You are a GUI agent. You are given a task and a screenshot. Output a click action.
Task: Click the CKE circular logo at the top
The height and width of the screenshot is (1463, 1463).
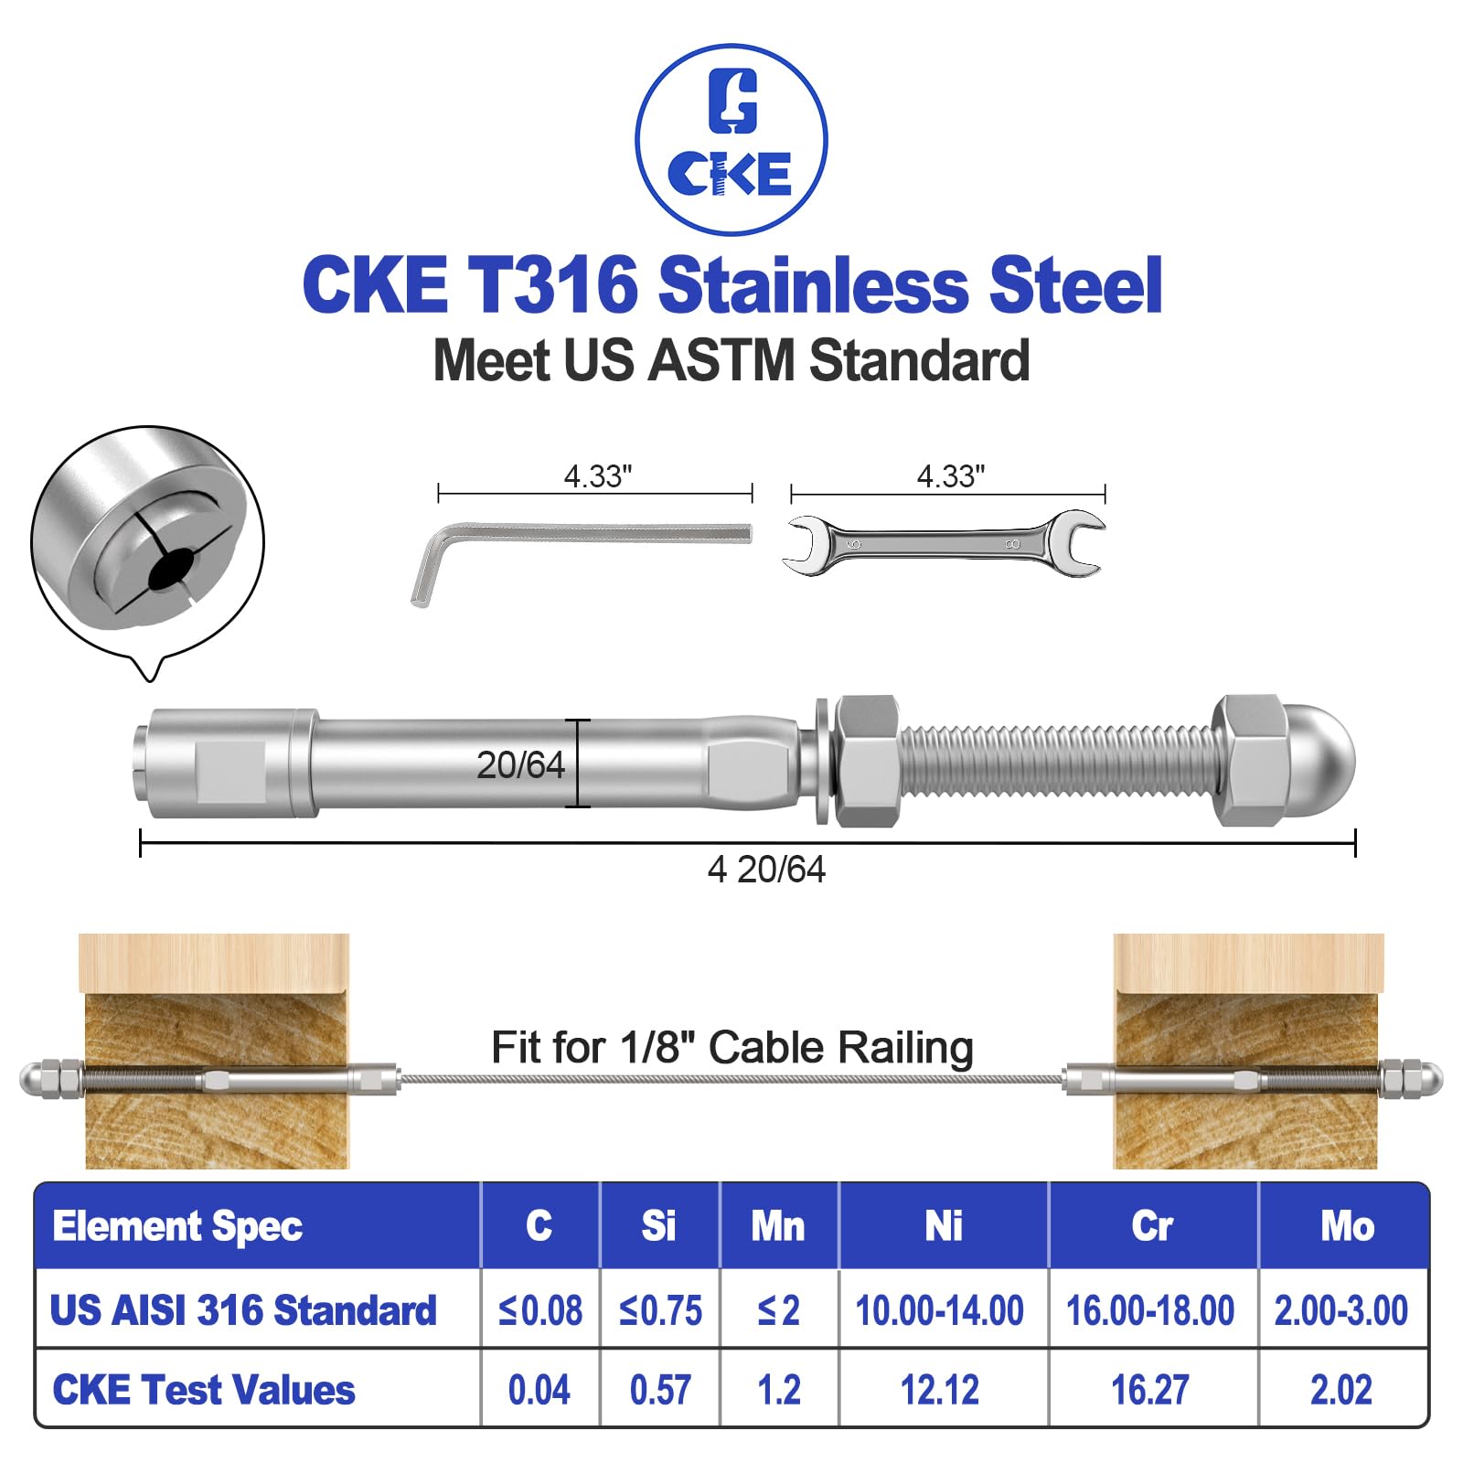tap(731, 139)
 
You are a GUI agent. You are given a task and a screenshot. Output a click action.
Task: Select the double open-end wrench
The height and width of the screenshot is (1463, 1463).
tap(944, 544)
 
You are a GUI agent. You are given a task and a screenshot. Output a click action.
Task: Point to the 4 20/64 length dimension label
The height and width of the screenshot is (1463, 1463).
tap(766, 870)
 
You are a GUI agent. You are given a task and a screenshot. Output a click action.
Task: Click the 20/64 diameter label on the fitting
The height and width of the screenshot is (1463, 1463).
tap(520, 765)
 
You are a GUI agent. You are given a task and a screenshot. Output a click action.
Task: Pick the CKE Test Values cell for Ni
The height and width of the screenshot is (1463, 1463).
tap(940, 1390)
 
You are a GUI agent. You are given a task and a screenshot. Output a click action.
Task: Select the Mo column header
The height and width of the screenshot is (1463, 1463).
tap(1346, 1226)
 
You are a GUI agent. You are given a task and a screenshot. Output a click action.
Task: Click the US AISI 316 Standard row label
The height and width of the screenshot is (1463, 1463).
tap(243, 1310)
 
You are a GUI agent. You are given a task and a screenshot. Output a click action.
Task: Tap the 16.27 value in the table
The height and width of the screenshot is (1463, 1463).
tap(1150, 1390)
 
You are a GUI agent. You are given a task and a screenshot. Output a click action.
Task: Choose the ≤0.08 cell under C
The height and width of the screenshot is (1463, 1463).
tap(540, 1310)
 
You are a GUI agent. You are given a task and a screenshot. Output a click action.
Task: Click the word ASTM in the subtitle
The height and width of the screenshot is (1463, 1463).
tap(721, 360)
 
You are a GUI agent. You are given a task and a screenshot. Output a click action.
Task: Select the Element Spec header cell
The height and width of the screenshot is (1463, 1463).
tap(177, 1226)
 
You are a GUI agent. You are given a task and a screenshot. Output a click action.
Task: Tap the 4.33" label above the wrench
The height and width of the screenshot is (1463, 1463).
tap(951, 476)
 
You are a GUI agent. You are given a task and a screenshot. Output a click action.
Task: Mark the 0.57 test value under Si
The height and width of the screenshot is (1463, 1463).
tap(660, 1390)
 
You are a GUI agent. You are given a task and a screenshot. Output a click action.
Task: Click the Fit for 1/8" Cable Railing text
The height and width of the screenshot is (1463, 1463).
tap(731, 1048)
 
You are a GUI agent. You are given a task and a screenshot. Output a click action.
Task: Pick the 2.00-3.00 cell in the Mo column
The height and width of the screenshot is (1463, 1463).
tap(1340, 1310)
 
